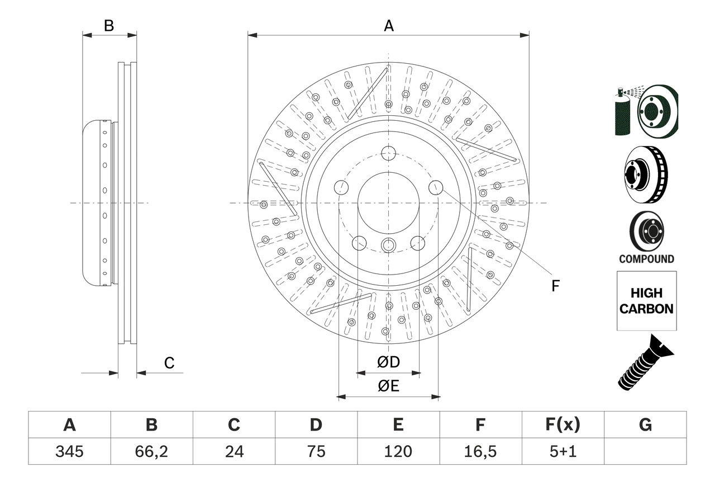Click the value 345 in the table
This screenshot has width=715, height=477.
[69, 451]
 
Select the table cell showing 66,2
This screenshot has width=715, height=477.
[151, 451]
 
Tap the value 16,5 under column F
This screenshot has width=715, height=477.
[480, 451]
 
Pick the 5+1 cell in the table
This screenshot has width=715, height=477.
[562, 451]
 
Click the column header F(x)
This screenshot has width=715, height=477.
[562, 425]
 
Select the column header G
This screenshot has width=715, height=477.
[645, 425]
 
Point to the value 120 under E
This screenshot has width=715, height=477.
[398, 451]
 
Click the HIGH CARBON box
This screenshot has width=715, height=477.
[646, 301]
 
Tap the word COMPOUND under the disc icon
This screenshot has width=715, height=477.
[646, 259]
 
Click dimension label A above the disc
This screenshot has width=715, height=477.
[388, 26]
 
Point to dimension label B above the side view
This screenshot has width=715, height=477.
[109, 26]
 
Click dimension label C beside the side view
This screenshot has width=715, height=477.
[169, 363]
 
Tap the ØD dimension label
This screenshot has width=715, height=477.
[388, 362]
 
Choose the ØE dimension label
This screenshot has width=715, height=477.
[388, 386]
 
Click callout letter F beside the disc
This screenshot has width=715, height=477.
[555, 286]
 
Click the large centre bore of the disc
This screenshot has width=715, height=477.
[388, 202]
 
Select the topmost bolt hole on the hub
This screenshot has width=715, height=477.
[388, 153]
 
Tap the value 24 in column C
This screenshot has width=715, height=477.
[233, 451]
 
